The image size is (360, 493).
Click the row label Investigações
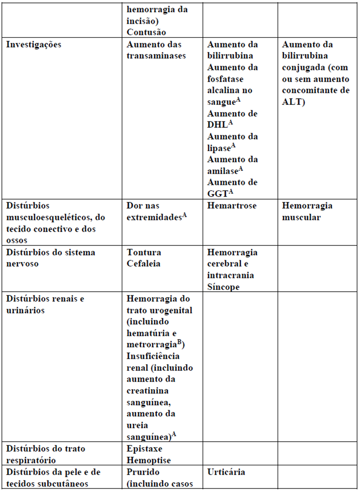coord(34,44)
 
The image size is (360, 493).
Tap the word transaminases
coord(156,56)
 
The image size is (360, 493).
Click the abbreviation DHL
coord(217,125)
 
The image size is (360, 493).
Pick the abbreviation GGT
coord(217,194)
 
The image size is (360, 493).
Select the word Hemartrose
coord(232,206)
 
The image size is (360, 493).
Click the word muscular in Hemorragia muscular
coord(301,218)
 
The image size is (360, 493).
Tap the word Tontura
coord(144,252)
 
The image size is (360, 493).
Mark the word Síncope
coord(224,287)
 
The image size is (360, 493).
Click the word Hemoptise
coord(149,460)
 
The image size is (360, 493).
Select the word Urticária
coord(226,472)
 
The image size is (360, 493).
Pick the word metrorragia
coord(151,345)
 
